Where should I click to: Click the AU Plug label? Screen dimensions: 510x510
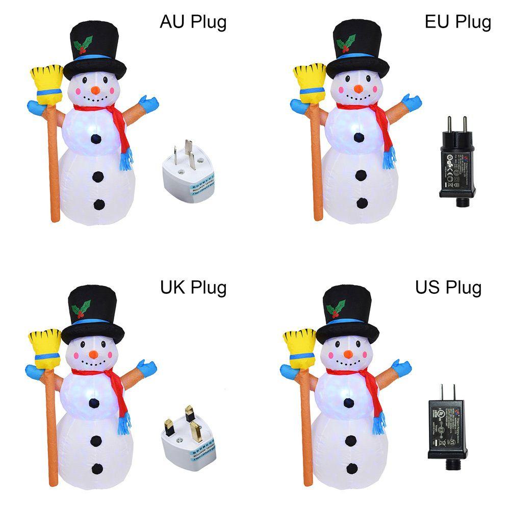coord(193,22)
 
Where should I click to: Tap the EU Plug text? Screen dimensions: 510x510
coord(457,22)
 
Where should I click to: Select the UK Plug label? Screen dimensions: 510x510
coord(193,288)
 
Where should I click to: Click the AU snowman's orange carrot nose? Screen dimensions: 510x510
coord(95,90)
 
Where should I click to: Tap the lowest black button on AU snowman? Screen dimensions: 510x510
coord(99,205)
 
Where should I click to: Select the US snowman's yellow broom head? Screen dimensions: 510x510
coord(297,347)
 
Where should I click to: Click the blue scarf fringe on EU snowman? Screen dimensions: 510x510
coord(390,157)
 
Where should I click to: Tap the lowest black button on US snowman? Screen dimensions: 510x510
coord(352,468)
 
